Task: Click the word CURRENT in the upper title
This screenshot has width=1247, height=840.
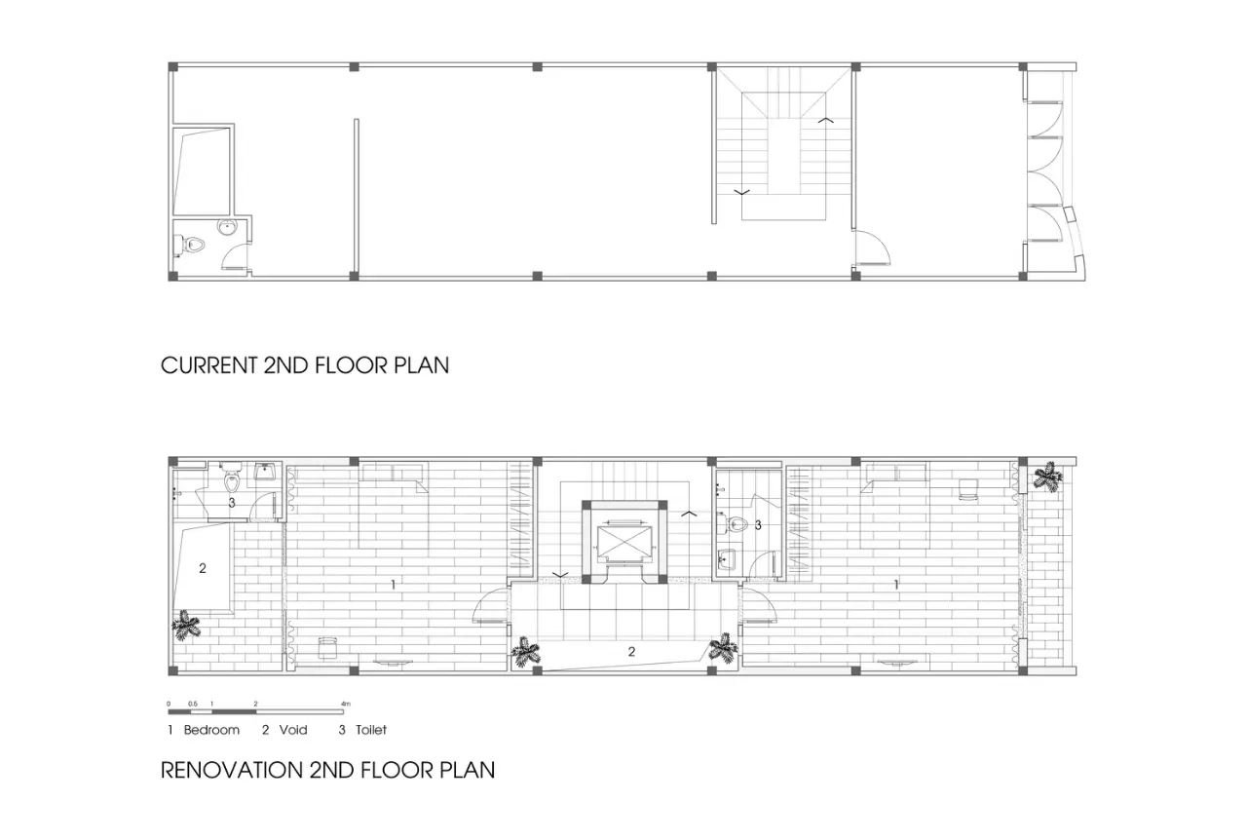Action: (209, 365)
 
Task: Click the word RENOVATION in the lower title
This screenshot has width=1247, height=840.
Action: (231, 771)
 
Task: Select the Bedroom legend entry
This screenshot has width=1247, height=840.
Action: (204, 730)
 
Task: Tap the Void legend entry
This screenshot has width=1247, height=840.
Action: (285, 730)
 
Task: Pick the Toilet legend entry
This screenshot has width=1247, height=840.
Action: (363, 730)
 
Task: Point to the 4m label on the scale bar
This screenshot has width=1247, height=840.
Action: (346, 705)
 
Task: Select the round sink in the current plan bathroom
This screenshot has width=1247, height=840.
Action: (227, 227)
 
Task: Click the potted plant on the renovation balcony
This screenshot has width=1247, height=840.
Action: (1047, 477)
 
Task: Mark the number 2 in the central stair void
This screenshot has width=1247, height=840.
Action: (631, 651)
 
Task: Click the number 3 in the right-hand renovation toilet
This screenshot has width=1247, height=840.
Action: (758, 524)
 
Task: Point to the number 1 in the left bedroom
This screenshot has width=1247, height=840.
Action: (393, 585)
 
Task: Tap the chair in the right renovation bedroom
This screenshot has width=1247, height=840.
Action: (968, 489)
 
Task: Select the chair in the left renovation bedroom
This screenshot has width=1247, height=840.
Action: (328, 648)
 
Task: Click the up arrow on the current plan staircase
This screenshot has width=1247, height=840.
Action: (825, 120)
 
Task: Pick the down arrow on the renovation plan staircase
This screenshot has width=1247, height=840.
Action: (559, 574)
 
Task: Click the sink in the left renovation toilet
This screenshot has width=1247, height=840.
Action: (265, 472)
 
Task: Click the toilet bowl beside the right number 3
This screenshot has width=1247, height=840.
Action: (735, 523)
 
